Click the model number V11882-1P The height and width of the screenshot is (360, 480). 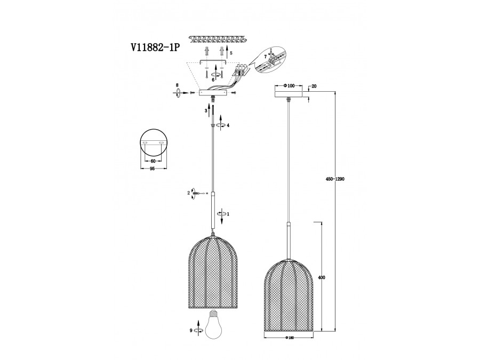coord(155,48)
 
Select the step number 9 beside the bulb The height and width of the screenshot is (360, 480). coord(191,330)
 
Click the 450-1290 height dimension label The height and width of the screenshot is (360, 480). coord(335,179)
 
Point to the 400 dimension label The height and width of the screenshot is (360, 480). coord(322,278)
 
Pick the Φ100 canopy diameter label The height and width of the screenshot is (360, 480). coord(289,86)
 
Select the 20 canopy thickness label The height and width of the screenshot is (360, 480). coord(314,86)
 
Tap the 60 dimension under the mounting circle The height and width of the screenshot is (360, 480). coord(153,161)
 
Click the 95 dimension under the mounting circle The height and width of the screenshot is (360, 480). coord(153,169)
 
